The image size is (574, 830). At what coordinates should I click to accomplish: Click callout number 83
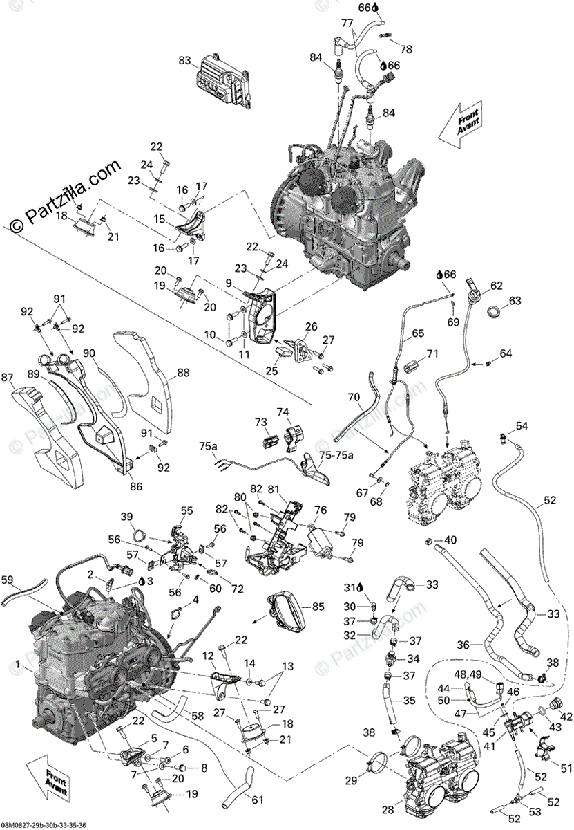(184, 61)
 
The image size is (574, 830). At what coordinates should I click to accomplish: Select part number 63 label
(515, 301)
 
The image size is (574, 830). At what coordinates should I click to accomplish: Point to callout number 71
(432, 353)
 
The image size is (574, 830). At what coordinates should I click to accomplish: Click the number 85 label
(318, 607)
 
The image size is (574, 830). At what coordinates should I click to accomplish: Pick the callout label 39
(126, 517)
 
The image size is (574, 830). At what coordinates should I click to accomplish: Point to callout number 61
(258, 800)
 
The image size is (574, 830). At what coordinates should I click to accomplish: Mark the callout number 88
(183, 371)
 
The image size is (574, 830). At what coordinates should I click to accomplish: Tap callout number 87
(8, 378)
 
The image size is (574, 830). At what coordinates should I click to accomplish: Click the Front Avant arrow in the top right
(465, 122)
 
